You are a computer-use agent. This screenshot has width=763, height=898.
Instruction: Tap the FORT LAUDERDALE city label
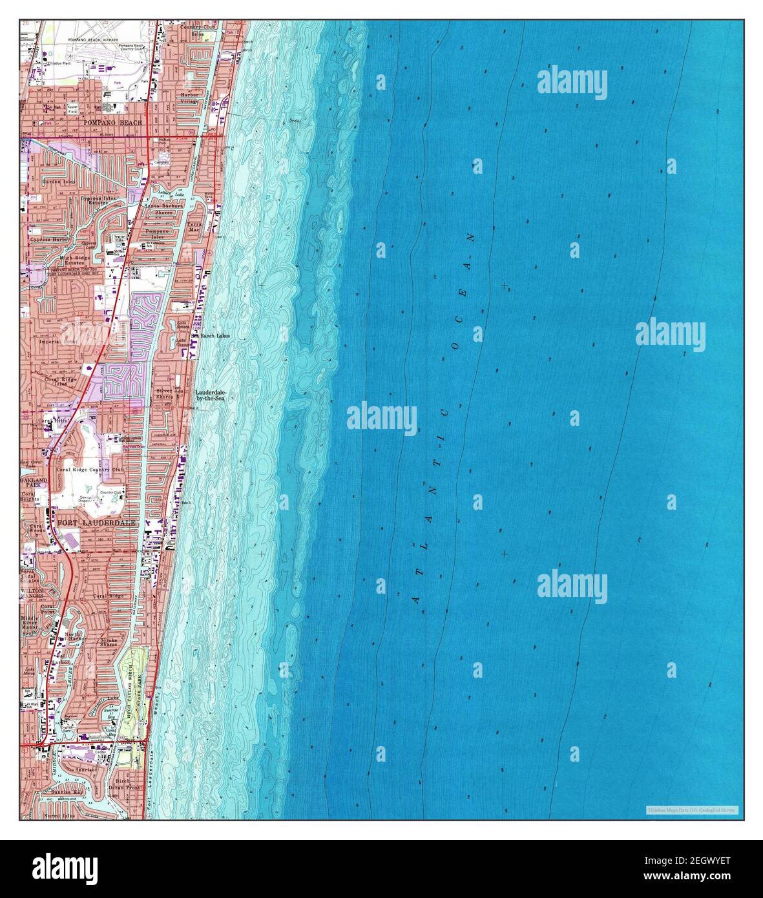(97, 523)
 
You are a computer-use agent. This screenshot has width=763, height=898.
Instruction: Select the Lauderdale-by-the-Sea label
(211, 396)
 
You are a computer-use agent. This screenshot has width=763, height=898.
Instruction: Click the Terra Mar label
(194, 227)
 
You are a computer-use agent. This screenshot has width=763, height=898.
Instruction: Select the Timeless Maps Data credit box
(692, 809)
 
